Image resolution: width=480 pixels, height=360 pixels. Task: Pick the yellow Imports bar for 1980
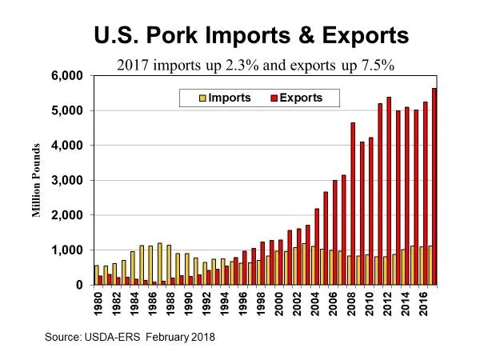tap(96, 275)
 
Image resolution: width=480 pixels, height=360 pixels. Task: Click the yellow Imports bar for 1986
tap(150, 265)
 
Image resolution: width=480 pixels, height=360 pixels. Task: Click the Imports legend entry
tap(227, 98)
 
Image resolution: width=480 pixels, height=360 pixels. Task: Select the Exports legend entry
tap(304, 98)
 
